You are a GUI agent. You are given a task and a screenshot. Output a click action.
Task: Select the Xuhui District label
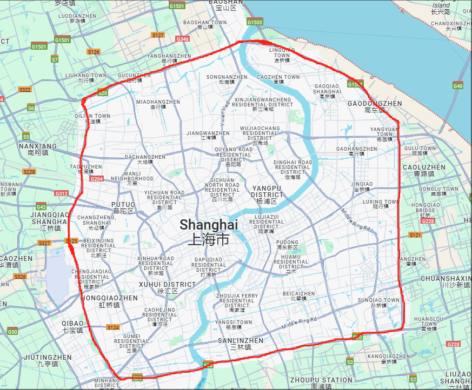[167, 287]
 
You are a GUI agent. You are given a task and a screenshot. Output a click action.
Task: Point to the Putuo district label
[123, 207]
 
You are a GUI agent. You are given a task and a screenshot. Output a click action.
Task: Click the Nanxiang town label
[37, 149]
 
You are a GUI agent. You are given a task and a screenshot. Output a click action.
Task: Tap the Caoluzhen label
[424, 171]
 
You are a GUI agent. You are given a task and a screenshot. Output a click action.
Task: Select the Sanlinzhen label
[241, 344]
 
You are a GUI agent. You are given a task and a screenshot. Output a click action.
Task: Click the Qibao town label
[72, 326]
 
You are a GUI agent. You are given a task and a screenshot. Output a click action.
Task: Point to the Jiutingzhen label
[47, 360]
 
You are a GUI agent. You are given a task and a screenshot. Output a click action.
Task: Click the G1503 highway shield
[255, 22]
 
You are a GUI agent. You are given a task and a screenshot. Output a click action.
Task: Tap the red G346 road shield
[183, 39]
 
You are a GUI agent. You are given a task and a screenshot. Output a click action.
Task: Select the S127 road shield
[158, 35]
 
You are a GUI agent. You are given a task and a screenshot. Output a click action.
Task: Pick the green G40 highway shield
[458, 86]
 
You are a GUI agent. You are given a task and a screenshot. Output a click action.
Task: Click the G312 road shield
[61, 193]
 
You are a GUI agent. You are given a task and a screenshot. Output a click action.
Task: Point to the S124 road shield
[113, 327]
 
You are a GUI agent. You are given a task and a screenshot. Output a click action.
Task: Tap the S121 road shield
[415, 235]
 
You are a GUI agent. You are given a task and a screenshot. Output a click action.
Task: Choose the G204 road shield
[97, 179]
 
